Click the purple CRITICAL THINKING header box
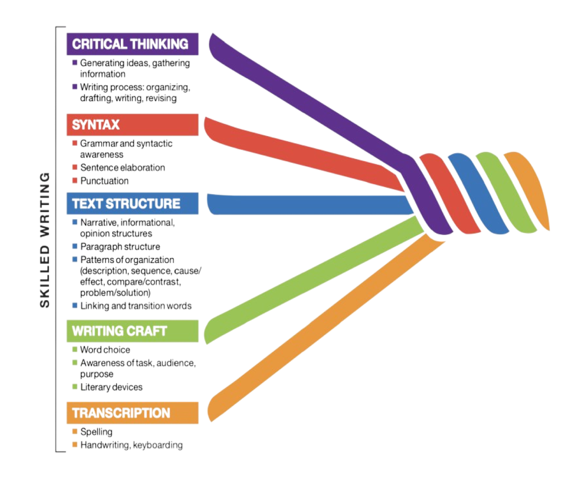pyautogui.click(x=132, y=44)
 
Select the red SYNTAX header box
pyautogui.click(x=132, y=124)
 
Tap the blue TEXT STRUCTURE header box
pyautogui.click(x=132, y=203)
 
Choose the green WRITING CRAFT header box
pyautogui.click(x=132, y=331)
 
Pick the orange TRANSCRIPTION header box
pyautogui.click(x=132, y=413)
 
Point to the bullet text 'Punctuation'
pyautogui.click(x=104, y=181)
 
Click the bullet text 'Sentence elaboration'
pyautogui.click(x=122, y=168)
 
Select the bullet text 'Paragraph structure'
pyautogui.click(x=120, y=247)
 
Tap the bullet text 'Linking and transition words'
pyautogui.click(x=136, y=306)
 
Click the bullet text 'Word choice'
pyautogui.click(x=105, y=350)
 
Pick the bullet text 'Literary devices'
pyautogui.click(x=111, y=387)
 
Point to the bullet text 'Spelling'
pyautogui.click(x=96, y=432)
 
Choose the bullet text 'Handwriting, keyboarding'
pyautogui.click(x=131, y=445)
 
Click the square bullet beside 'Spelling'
pyautogui.click(x=75, y=432)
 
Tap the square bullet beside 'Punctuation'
pyautogui.click(x=75, y=181)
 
